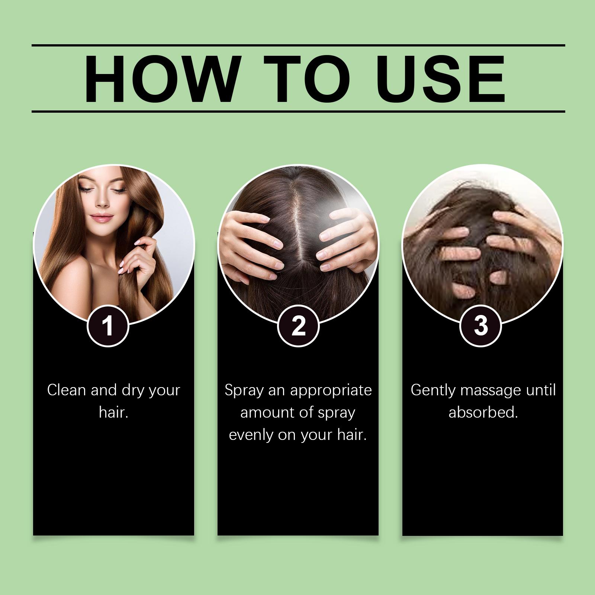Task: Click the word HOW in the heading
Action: [x=161, y=79]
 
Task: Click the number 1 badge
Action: [x=108, y=326]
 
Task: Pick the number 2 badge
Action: [x=298, y=326]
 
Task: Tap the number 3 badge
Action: [x=481, y=326]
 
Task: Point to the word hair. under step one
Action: [x=114, y=412]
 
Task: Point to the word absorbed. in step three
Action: [x=483, y=412]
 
